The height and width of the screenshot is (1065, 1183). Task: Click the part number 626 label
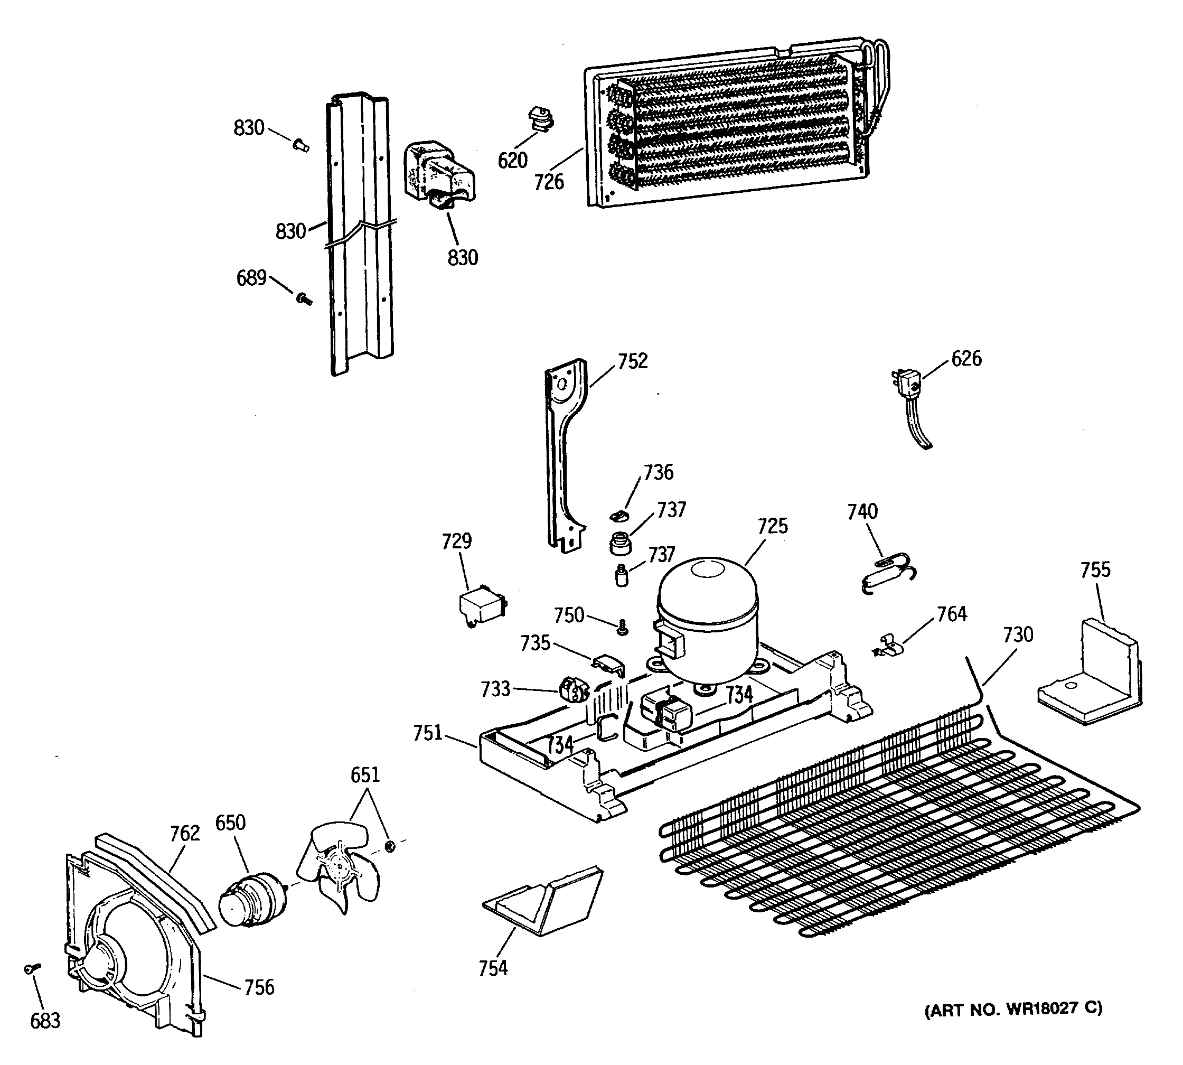pyautogui.click(x=966, y=359)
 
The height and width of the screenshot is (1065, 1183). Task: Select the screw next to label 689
pyautogui.click(x=304, y=300)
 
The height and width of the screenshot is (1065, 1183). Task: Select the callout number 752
pyautogui.click(x=633, y=361)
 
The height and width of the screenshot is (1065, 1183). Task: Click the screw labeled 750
pyautogui.click(x=623, y=629)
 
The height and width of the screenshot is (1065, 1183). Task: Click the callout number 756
pyautogui.click(x=259, y=988)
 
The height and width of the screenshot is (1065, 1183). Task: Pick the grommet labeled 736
pyautogui.click(x=618, y=515)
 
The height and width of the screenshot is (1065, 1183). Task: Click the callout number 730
pyautogui.click(x=1018, y=634)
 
